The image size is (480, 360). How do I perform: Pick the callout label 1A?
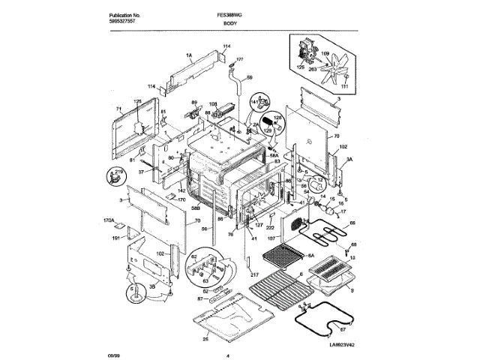pos(169,55)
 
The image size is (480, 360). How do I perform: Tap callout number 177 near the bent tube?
pos(240,58)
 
